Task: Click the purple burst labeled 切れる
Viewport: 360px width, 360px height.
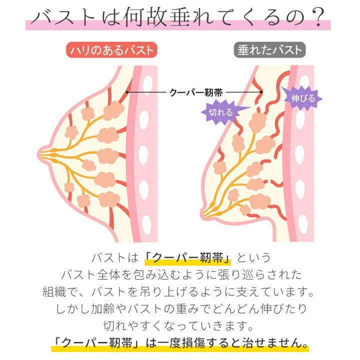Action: coord(220,112)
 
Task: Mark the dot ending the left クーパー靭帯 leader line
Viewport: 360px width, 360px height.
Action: coord(128,92)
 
